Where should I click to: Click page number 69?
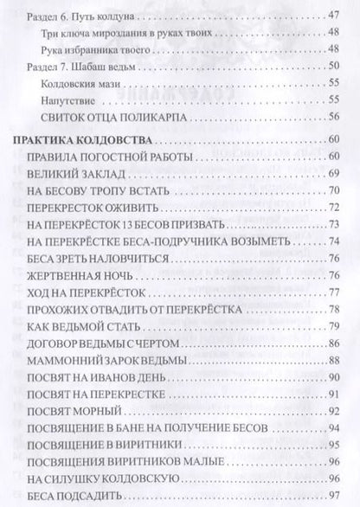pos(337,176)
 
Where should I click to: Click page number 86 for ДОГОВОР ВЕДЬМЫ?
pos(337,344)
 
